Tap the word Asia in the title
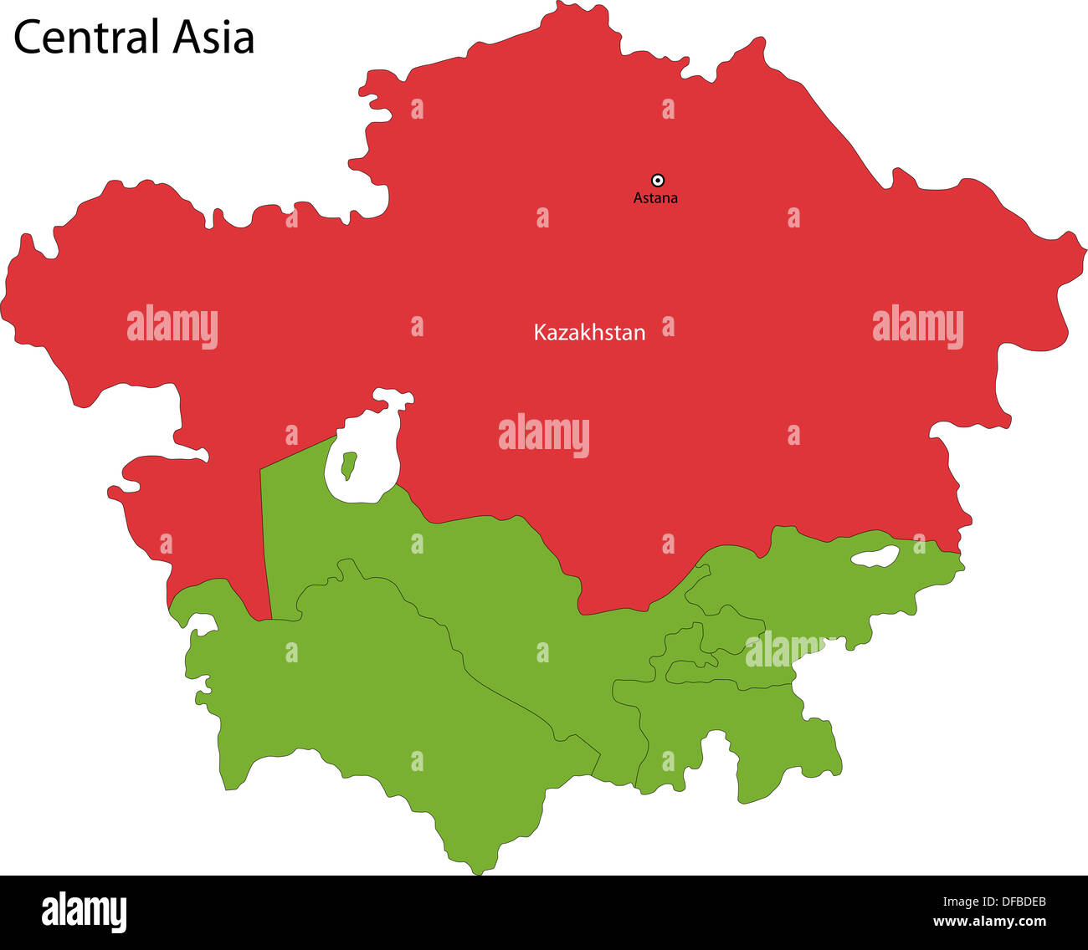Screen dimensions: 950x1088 [x=214, y=38]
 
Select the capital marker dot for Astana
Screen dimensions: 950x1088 [x=658, y=180]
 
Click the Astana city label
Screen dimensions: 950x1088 [x=655, y=198]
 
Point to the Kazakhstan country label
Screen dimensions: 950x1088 [x=589, y=333]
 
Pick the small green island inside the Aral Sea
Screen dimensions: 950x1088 [x=348, y=464]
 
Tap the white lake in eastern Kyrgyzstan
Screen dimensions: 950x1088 [x=875, y=556]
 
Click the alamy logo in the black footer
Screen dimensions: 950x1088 [x=84, y=912]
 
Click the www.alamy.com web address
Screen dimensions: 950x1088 [x=989, y=922]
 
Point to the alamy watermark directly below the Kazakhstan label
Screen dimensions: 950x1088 [x=544, y=436]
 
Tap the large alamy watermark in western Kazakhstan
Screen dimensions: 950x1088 [x=172, y=326]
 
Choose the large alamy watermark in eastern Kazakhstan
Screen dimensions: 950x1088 [x=917, y=326]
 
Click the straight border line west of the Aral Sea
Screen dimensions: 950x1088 [x=265, y=544]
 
